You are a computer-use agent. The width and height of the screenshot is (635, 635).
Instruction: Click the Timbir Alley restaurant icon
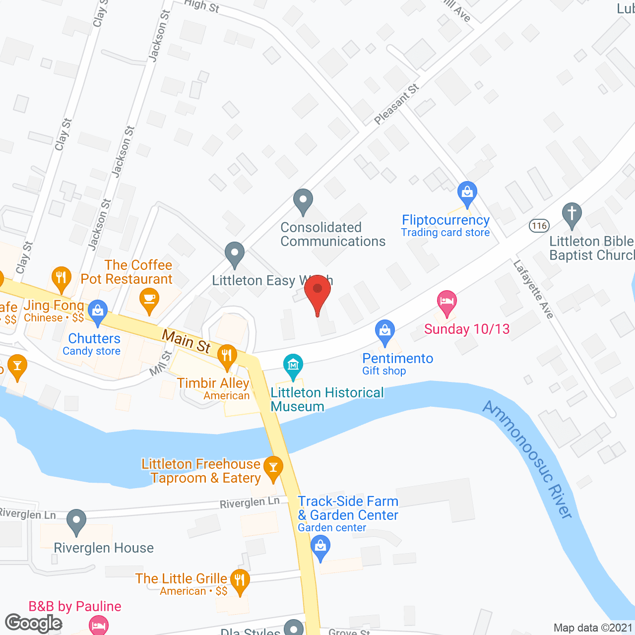pyautogui.click(x=227, y=356)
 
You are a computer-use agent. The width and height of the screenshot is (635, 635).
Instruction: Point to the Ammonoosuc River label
pyautogui.click(x=528, y=459)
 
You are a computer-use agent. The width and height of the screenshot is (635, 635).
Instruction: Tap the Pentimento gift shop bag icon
pyautogui.click(x=385, y=331)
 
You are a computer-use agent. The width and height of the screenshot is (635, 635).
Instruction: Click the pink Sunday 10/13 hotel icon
pyautogui.click(x=447, y=302)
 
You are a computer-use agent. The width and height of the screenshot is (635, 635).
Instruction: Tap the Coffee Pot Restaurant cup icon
pyautogui.click(x=149, y=300)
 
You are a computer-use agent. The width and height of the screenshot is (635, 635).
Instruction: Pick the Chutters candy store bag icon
pyautogui.click(x=98, y=312)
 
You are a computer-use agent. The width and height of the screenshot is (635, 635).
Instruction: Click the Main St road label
pyautogui.click(x=186, y=342)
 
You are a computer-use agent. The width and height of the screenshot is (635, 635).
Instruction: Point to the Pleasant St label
pyautogui.click(x=396, y=105)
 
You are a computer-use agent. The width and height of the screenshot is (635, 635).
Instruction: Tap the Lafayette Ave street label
pyautogui.click(x=533, y=289)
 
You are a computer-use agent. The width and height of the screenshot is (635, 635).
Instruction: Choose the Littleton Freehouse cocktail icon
pyautogui.click(x=273, y=467)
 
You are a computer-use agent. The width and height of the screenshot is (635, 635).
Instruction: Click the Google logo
pyautogui.click(x=34, y=623)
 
